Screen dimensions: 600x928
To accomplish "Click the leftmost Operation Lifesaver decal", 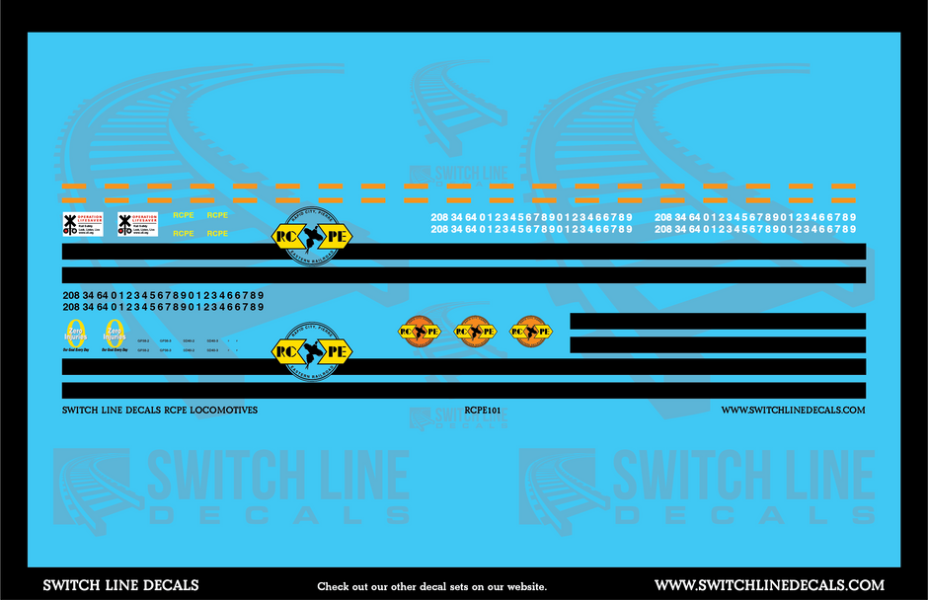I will tap(82, 224).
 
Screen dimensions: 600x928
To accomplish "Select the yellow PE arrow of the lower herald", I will tap(336, 351).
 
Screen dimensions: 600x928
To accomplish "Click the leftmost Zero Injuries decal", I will tap(75, 336).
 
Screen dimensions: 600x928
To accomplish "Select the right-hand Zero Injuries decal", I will tap(115, 336).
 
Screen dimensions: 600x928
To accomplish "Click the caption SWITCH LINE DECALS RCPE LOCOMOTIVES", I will tap(159, 410).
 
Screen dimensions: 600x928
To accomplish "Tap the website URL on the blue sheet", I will tap(793, 410).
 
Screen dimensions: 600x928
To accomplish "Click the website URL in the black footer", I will tap(769, 585).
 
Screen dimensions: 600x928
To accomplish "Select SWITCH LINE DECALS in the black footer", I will tap(120, 585).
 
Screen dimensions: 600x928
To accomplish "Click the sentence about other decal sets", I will tap(430, 586).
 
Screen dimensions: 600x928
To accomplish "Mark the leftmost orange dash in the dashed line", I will tap(73, 186).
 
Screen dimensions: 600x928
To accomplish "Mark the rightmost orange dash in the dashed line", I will tap(843, 186).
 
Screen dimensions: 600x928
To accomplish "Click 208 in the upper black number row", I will tap(69, 295).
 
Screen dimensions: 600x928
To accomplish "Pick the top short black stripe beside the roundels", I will tap(718, 321).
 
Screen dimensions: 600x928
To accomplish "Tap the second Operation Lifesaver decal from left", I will tap(137, 224).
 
